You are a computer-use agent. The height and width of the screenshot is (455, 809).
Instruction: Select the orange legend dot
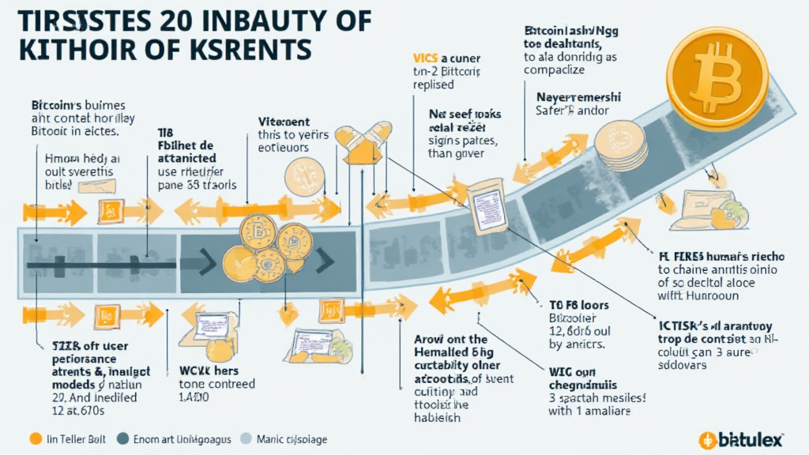coord(33,438)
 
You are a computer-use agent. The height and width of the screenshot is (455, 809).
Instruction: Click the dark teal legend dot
coord(123,438)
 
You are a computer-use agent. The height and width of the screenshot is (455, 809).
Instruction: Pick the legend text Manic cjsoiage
coord(292,438)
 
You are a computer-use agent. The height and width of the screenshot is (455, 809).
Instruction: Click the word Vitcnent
coord(284,122)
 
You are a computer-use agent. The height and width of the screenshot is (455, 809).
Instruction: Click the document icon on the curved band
coord(481,207)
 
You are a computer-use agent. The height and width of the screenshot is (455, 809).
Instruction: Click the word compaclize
coord(554,70)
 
